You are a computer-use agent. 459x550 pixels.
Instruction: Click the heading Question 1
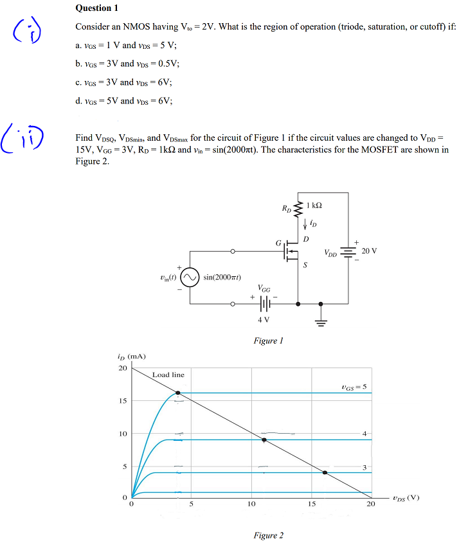click(96, 8)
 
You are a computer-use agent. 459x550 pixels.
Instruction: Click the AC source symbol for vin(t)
click(190, 277)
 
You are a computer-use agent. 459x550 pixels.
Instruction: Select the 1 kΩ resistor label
click(314, 204)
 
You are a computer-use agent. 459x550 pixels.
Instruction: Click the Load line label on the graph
click(168, 374)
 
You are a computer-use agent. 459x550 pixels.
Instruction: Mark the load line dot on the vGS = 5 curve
click(178, 393)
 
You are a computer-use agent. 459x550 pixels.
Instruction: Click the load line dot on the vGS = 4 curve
click(264, 439)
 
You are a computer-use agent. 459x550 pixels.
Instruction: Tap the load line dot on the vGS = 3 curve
click(324, 472)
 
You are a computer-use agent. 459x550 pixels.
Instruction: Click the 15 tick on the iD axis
click(122, 401)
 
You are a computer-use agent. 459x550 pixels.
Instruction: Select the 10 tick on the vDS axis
click(251, 504)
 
